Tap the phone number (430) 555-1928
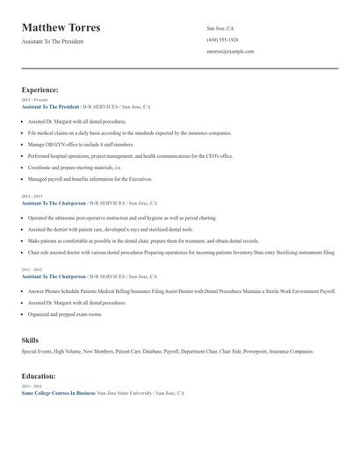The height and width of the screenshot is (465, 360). click(222, 39)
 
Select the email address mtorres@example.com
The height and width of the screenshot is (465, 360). click(230, 51)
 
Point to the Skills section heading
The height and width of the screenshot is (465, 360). click(30, 340)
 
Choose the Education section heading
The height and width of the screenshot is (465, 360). click(39, 376)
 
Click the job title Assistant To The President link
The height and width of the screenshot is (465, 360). click(50, 106)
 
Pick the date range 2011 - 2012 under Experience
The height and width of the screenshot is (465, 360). click(31, 268)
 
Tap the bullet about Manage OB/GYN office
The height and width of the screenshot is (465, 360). click(81, 144)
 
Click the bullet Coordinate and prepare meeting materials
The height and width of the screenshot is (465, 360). click(75, 167)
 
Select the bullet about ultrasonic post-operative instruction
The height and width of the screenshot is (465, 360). click(123, 217)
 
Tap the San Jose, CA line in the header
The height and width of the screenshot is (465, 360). click(220, 28)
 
